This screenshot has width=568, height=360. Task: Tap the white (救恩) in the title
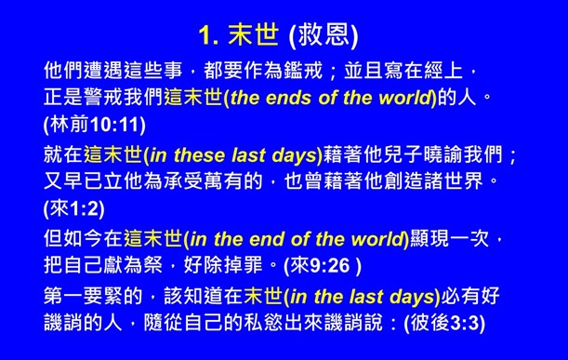324,36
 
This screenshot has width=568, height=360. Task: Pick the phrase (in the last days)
363,298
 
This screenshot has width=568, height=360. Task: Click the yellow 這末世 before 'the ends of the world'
193,97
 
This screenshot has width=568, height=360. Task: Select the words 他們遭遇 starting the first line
85,71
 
